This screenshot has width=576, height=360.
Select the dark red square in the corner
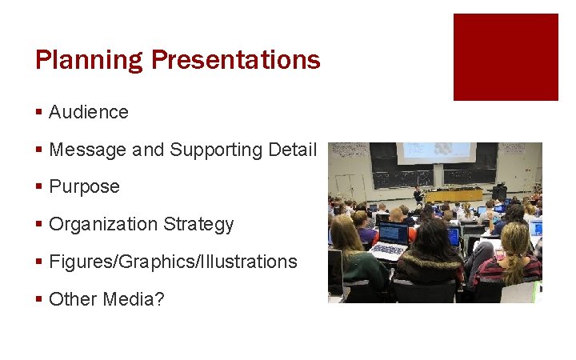pos(506,57)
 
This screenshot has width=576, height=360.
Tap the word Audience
pos(89,112)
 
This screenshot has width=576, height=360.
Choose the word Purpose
pos(84,187)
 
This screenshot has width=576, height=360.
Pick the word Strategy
pos(198,225)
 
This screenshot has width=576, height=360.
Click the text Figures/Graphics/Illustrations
pos(173,262)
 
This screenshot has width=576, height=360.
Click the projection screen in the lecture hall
pos(435,152)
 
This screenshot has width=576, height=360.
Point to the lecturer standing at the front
pos(418,194)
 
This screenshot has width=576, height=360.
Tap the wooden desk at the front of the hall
pos(453,194)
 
